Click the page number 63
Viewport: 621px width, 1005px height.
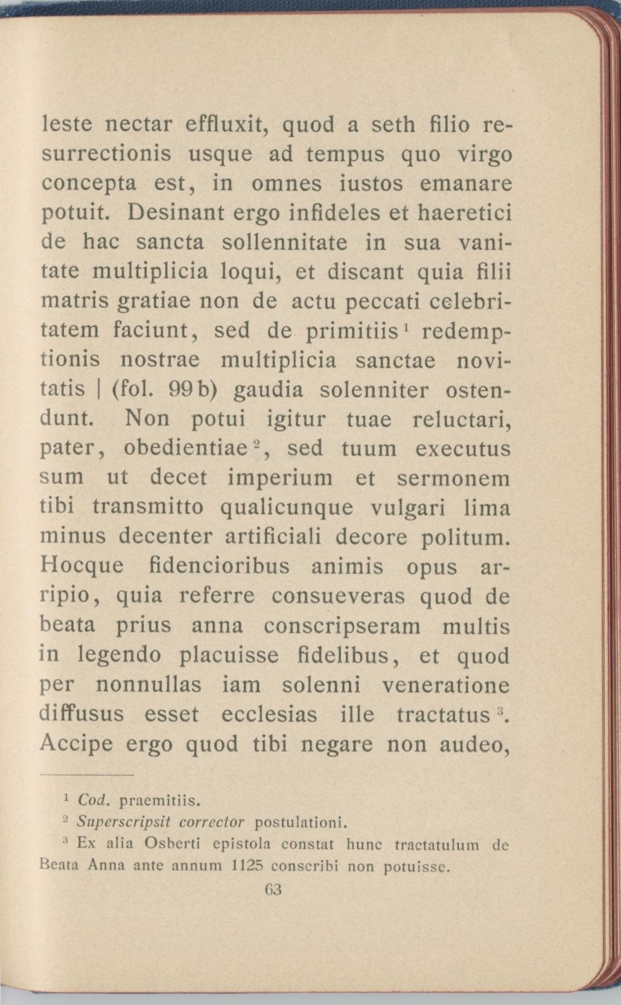pyautogui.click(x=273, y=890)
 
